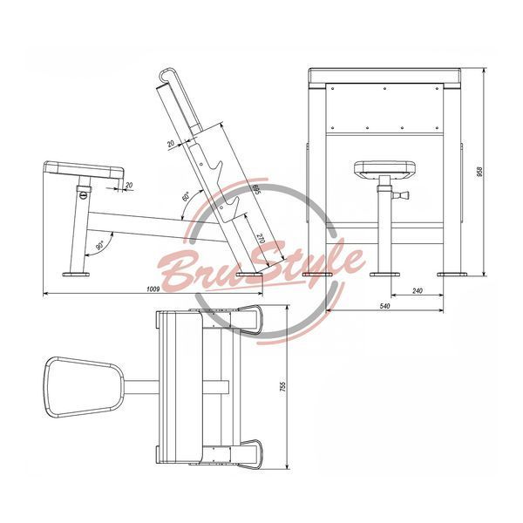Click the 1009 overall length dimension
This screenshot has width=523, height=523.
pos(153,289)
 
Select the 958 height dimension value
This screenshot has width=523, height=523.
pos(480,172)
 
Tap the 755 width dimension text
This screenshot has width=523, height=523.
pos(282,386)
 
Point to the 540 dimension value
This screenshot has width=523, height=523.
pos(384,306)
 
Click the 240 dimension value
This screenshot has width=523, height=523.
pos(418,290)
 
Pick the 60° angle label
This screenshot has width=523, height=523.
pos(187,196)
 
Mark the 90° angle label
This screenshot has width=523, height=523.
pos(100,246)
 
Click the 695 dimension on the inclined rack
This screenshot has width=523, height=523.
pos(256,190)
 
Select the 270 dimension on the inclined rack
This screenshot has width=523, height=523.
pos(261,239)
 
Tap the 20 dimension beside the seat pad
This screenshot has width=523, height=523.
pos(129,185)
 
